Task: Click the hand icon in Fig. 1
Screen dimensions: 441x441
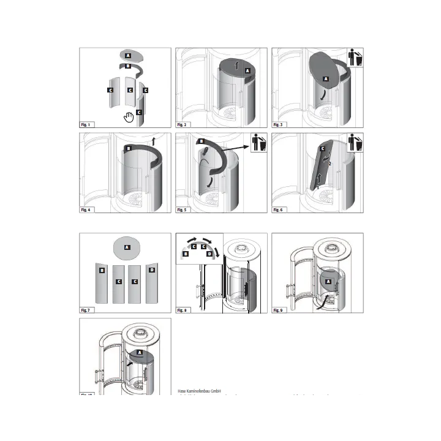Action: pos(129,117)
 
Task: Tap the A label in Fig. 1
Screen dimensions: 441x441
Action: pos(127,55)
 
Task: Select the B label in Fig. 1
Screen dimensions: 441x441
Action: pos(127,66)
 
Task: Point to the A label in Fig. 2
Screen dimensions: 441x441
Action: pos(247,71)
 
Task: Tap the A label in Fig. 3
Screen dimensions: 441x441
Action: pos(326,79)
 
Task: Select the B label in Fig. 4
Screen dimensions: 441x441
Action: pos(129,148)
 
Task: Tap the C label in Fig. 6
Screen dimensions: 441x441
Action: pos(323,149)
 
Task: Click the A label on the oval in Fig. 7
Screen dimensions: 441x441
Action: pos(127,247)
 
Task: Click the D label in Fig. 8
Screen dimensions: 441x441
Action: pos(209,253)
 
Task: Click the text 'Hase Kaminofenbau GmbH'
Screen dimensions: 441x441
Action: pos(199,391)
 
